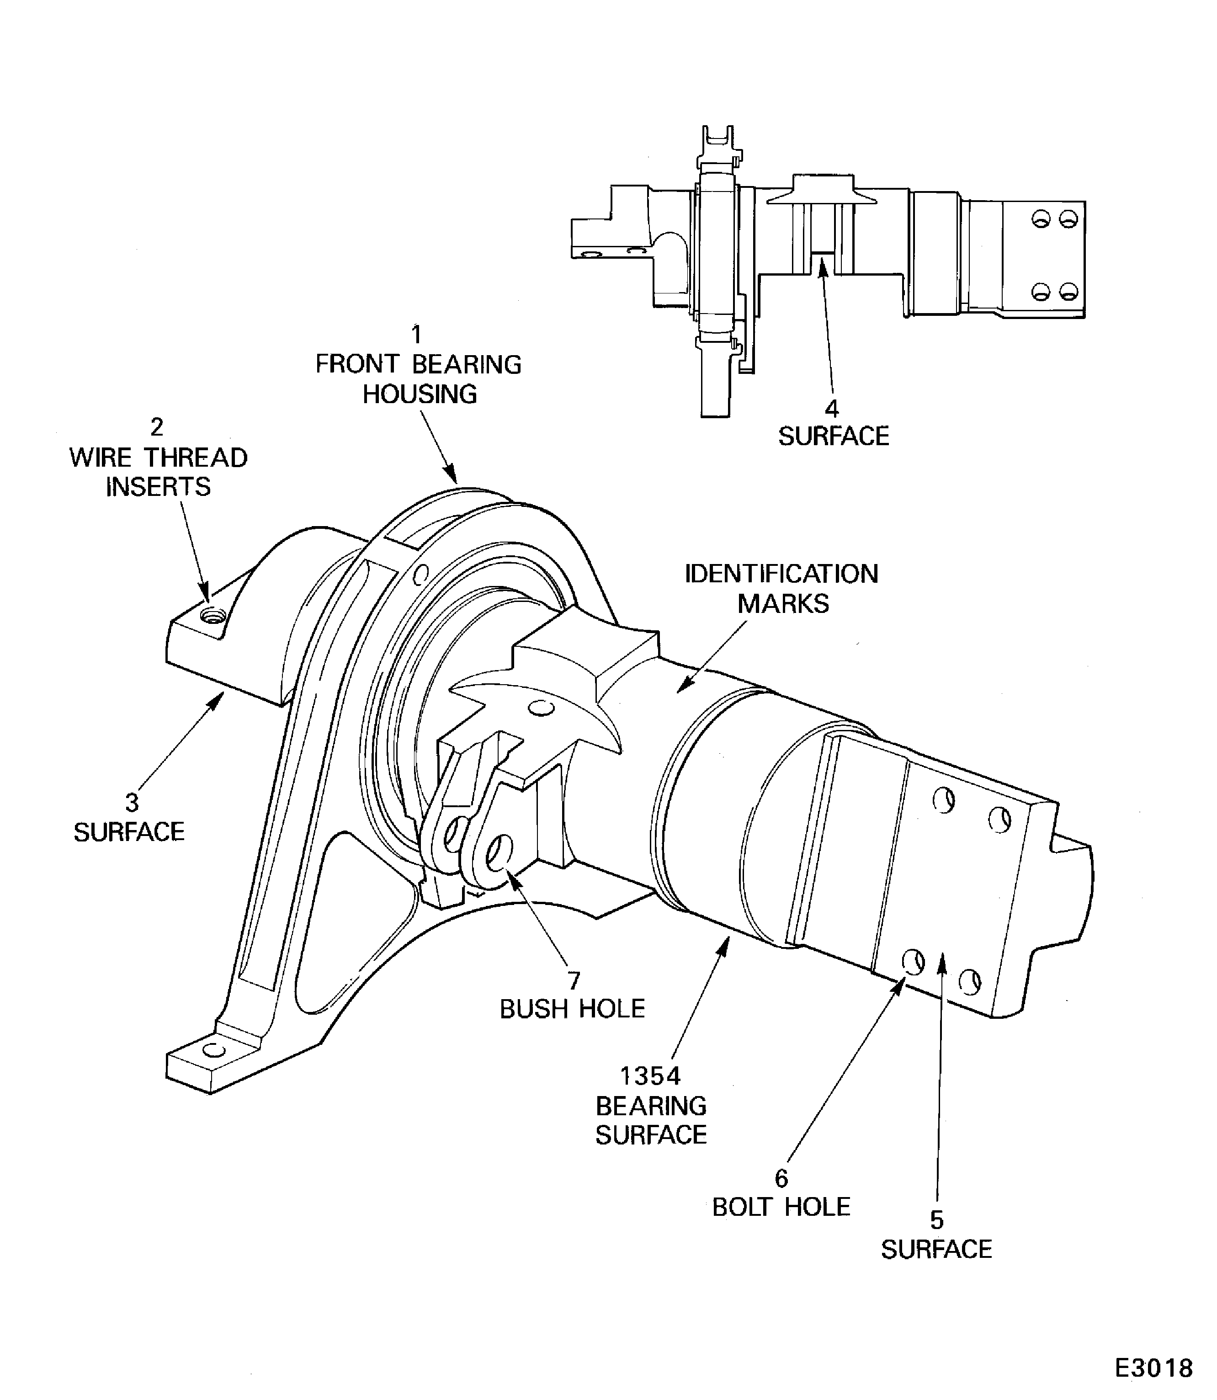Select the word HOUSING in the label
[x=420, y=394]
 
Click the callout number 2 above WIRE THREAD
[x=157, y=427]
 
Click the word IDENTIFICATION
[x=781, y=574]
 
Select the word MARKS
[x=783, y=603]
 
